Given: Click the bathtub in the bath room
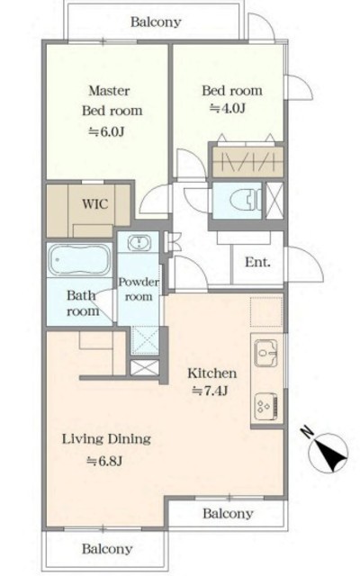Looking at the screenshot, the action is (80, 260).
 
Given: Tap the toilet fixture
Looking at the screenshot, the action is (246, 201).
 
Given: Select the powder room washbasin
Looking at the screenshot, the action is (139, 243).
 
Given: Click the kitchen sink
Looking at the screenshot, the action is (266, 353).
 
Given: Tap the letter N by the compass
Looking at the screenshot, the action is (306, 432).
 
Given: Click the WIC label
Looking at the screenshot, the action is (95, 204).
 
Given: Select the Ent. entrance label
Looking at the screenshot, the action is (258, 262).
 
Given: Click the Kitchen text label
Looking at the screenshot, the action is (212, 373).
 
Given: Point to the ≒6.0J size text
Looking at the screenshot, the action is (106, 131).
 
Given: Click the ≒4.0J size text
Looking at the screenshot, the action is (228, 108).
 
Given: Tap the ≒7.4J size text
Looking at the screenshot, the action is (210, 391).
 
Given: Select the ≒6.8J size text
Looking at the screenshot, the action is (104, 460).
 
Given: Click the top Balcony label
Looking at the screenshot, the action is (156, 22).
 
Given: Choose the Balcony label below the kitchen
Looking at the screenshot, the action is (228, 513).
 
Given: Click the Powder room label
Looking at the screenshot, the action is (139, 289).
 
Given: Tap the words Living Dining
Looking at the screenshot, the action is (106, 439).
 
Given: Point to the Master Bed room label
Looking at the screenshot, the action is (112, 101).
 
